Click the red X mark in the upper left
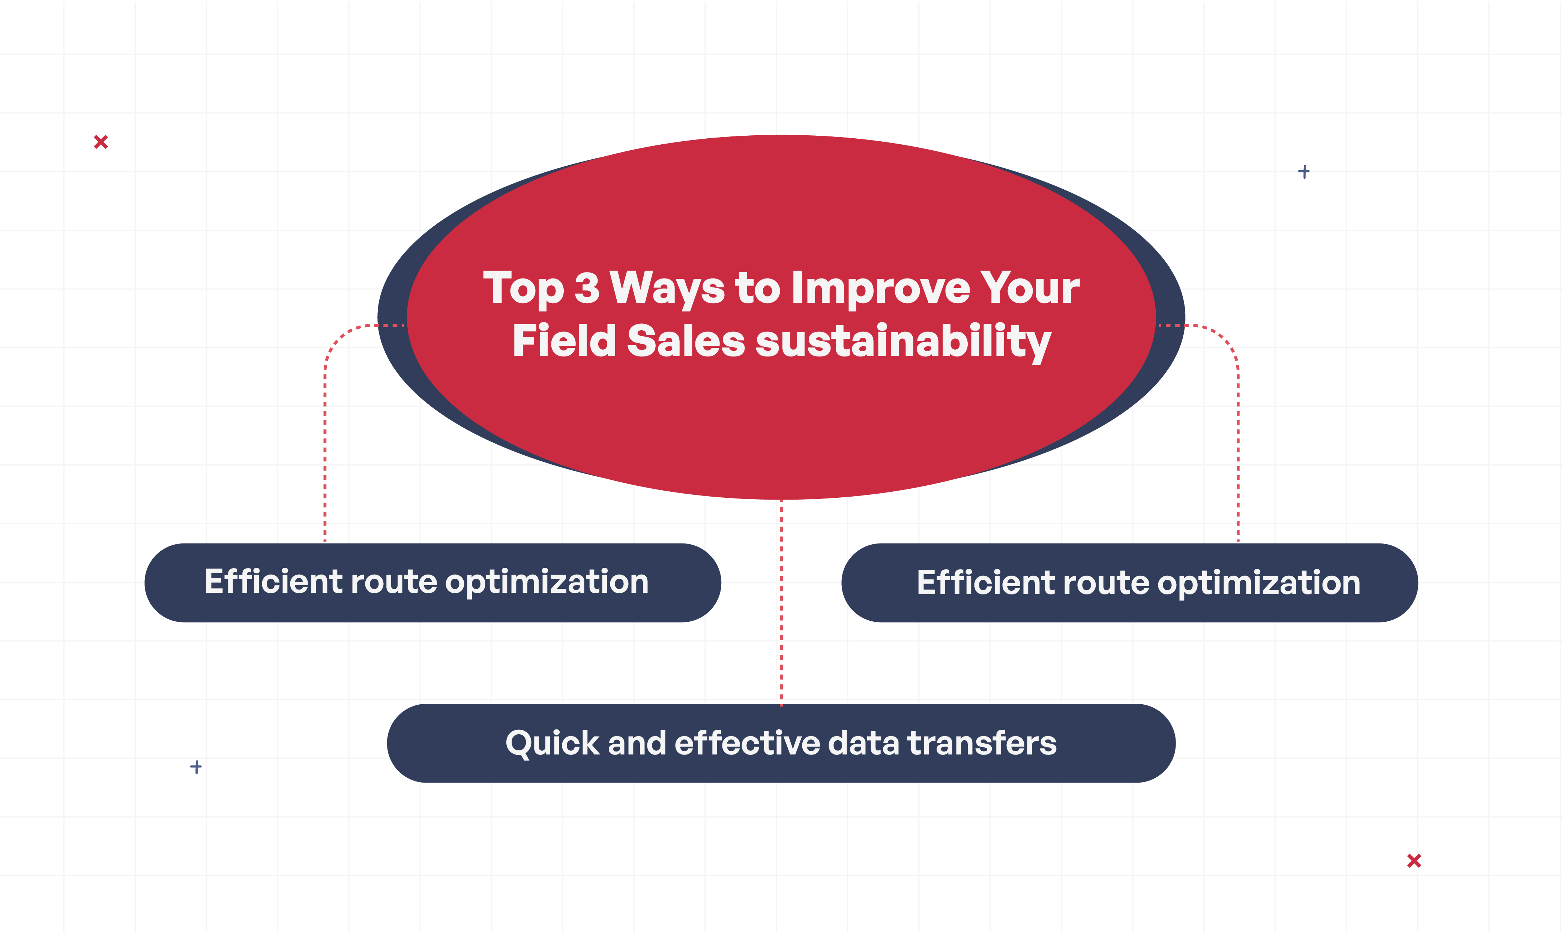(101, 142)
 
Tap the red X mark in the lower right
(1414, 861)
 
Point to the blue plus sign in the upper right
(1303, 172)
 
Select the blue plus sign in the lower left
(196, 766)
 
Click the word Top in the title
(523, 289)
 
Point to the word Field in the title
(564, 340)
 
